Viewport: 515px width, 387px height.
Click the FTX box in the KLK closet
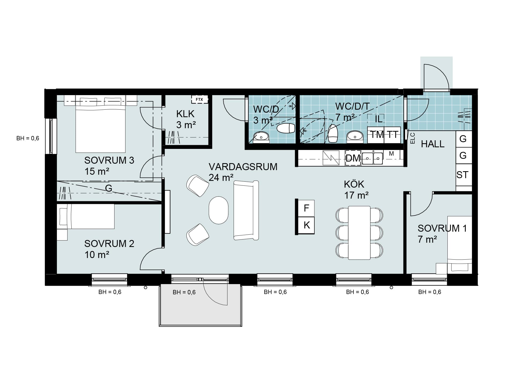click(x=199, y=99)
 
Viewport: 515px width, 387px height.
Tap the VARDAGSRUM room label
click(x=243, y=167)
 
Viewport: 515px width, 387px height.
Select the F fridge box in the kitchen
click(x=306, y=208)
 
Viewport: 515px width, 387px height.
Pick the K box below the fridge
click(x=306, y=225)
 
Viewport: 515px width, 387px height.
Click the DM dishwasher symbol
click(x=353, y=158)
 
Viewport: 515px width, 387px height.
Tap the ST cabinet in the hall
click(x=464, y=175)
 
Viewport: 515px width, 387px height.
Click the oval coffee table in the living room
click(x=219, y=210)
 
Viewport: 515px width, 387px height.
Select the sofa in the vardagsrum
click(x=246, y=210)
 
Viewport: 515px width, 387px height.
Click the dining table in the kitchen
click(x=359, y=233)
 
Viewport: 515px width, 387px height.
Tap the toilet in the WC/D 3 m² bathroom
click(x=286, y=128)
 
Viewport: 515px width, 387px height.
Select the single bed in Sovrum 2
click(x=86, y=216)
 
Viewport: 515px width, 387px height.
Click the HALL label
click(x=433, y=144)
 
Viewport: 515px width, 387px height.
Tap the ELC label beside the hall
click(x=413, y=138)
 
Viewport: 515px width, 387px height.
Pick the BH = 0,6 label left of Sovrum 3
click(x=28, y=138)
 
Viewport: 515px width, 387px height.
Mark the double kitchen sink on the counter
click(x=372, y=158)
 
